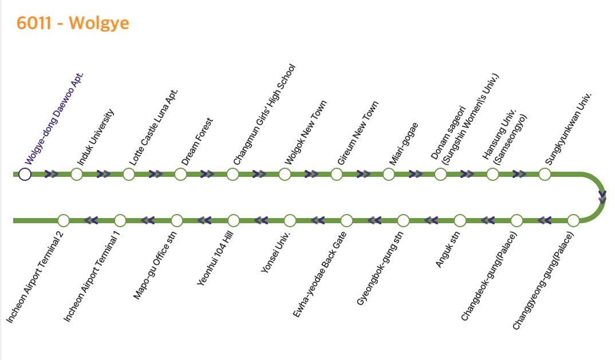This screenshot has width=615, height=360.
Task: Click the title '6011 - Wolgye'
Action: (73, 23)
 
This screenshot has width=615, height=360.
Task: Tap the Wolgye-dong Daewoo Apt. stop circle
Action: (25, 174)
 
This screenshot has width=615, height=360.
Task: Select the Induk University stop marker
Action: (77, 174)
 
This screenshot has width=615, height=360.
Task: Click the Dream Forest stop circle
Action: (180, 174)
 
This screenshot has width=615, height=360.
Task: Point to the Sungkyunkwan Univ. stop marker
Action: (544, 174)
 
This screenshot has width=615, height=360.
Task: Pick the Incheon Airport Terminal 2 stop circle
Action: (64, 220)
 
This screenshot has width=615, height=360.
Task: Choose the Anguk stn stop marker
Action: (460, 220)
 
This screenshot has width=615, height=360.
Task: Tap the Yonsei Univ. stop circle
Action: (290, 220)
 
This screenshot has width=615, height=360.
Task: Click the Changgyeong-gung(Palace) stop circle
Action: (573, 220)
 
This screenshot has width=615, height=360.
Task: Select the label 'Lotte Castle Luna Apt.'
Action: (153, 127)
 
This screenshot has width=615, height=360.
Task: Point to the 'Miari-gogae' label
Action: (404, 144)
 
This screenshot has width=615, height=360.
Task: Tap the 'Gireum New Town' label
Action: (358, 133)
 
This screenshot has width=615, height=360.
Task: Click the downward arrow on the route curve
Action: (602, 197)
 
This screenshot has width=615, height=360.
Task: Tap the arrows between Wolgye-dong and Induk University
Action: (51, 174)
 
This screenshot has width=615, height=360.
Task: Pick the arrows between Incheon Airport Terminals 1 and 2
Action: (92, 220)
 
